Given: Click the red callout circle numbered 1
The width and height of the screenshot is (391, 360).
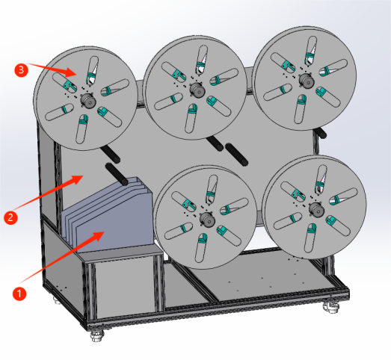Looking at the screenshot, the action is click(x=19, y=294).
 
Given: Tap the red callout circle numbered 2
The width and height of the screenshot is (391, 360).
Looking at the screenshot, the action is click(x=10, y=217).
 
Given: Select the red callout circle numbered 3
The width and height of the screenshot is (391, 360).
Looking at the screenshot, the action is click(x=21, y=69).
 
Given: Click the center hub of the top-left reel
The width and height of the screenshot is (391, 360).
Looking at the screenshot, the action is click(x=88, y=100).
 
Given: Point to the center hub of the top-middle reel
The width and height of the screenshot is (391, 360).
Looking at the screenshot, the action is click(x=198, y=90).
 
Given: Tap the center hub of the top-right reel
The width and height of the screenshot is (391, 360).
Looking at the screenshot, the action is click(x=307, y=81).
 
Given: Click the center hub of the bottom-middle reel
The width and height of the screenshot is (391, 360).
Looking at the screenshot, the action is click(x=208, y=220).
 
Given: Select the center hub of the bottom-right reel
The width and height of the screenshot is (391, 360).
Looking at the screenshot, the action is click(x=317, y=210).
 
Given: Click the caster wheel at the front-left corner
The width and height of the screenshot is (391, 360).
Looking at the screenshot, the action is click(x=98, y=336).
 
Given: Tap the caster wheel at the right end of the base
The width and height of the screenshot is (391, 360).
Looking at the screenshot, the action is click(x=331, y=308).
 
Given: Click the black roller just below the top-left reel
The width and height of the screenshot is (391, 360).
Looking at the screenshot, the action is click(x=110, y=154).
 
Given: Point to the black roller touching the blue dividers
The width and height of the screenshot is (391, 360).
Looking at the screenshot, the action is click(x=117, y=174).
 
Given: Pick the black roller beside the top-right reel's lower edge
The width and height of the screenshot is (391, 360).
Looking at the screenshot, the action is click(x=321, y=133).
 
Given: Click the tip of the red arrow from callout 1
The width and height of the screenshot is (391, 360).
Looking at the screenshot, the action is click(x=104, y=232).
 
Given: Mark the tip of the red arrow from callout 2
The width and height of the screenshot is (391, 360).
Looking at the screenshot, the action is click(x=83, y=176).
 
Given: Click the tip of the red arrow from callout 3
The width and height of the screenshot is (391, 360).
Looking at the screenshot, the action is click(x=76, y=74).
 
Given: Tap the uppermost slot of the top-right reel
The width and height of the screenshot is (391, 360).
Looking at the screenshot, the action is click(x=310, y=51).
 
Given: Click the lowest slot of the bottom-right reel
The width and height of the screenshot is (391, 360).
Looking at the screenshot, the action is click(x=310, y=238).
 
